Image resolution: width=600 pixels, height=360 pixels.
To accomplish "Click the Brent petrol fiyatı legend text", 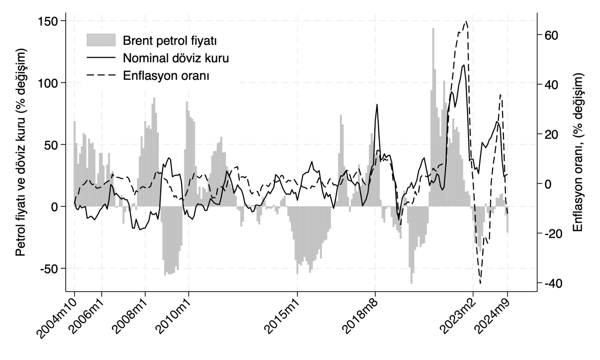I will pyautogui.click(x=169, y=40).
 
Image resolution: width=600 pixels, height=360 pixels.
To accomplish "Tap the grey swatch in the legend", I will pyautogui.click(x=101, y=40).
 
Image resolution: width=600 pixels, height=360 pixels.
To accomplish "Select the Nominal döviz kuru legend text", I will pyautogui.click(x=175, y=58).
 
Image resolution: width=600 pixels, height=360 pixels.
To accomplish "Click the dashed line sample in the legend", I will pyautogui.click(x=101, y=75).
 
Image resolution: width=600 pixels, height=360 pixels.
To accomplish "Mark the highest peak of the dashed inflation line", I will pyautogui.click(x=466, y=21).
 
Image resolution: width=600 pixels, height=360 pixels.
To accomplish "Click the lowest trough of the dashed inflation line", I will pyautogui.click(x=480, y=283).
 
